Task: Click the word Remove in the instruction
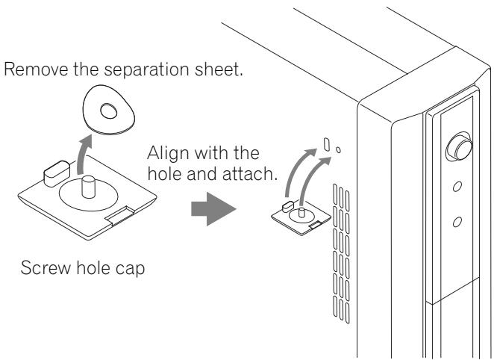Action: click(x=36, y=69)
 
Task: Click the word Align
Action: click(x=169, y=154)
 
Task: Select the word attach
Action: click(x=249, y=174)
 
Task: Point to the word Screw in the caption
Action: click(x=46, y=268)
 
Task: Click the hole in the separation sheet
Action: click(x=109, y=111)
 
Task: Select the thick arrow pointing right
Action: click(x=213, y=209)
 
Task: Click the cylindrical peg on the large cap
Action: click(x=88, y=187)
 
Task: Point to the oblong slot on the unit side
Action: click(x=327, y=144)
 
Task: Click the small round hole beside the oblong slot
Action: click(x=338, y=150)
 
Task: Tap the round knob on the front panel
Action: click(x=460, y=147)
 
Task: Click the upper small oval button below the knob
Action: click(x=457, y=187)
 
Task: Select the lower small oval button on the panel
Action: click(x=457, y=223)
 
